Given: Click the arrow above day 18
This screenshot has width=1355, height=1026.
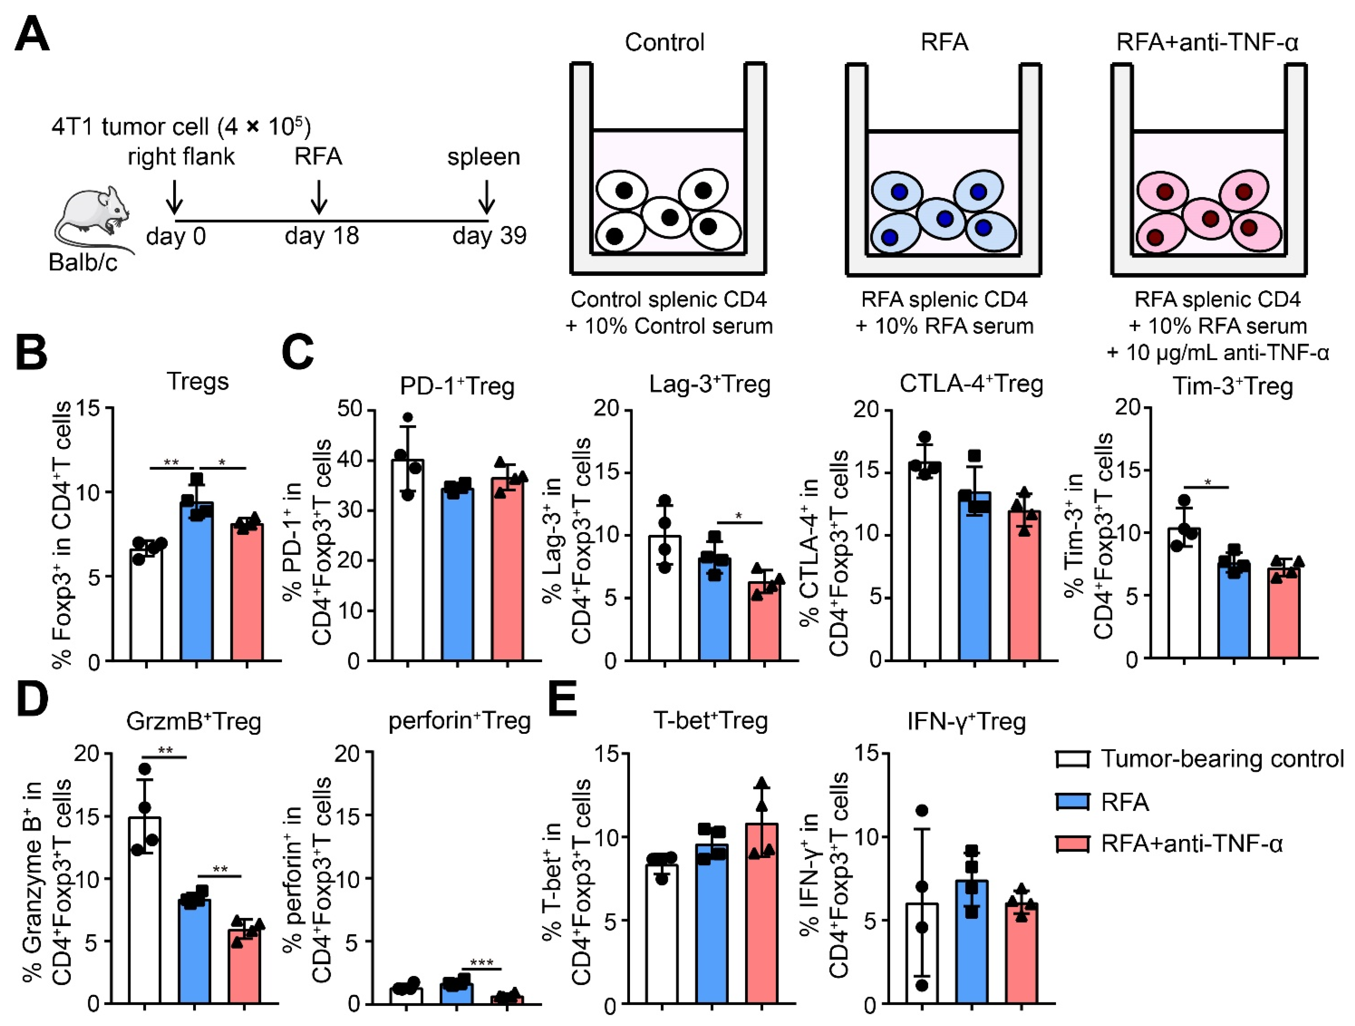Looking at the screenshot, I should tap(319, 196).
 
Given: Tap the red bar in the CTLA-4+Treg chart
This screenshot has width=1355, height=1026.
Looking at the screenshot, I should tap(1024, 588).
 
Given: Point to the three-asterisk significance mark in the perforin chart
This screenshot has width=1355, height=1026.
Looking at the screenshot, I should tap(482, 963).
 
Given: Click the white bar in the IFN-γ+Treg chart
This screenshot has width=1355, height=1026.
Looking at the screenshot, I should tap(921, 956).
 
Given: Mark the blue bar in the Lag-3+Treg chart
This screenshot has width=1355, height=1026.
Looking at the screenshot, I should tap(714, 612).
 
